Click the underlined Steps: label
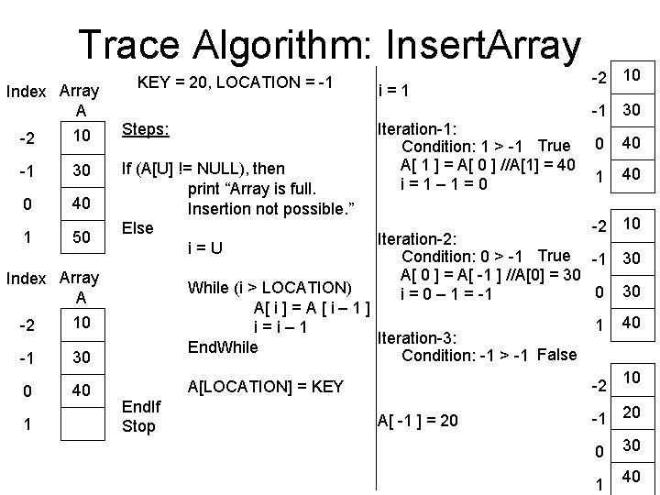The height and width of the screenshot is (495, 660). (145, 129)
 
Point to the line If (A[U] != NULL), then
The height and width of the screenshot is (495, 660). (203, 169)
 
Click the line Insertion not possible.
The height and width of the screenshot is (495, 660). (269, 208)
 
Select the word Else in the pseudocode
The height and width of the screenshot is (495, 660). (138, 226)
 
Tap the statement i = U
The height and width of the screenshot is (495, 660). (205, 247)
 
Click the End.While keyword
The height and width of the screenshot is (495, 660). (224, 346)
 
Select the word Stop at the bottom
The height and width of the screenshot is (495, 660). (139, 426)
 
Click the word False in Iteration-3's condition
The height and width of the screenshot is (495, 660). (558, 355)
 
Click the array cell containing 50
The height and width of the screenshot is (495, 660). (81, 237)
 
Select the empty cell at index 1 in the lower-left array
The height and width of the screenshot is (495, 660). (81, 425)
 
